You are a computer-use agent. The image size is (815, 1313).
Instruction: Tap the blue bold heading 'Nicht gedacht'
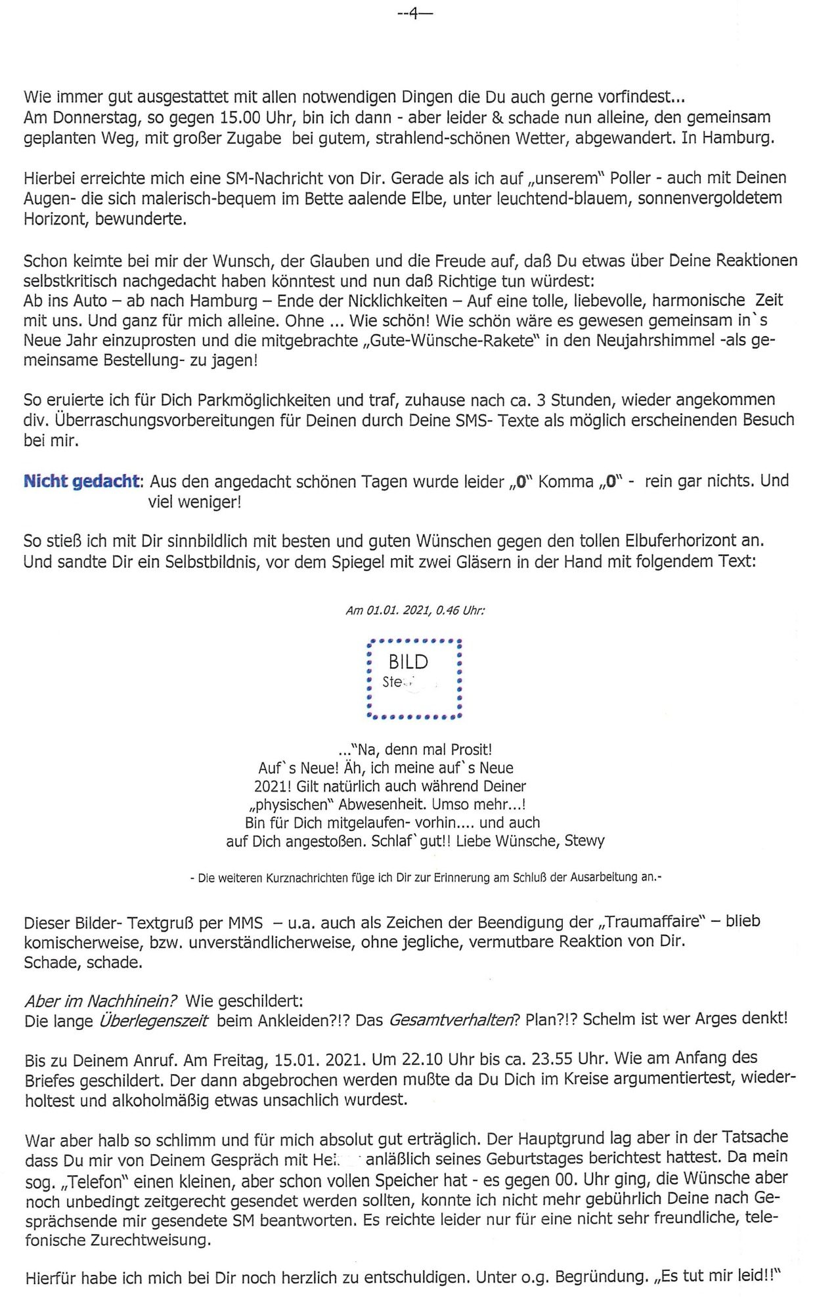81,481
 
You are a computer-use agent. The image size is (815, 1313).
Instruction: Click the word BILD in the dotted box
408,662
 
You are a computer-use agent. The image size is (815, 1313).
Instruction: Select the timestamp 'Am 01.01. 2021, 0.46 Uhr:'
415,611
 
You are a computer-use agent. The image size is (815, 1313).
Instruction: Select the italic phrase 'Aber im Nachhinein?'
100,1001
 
